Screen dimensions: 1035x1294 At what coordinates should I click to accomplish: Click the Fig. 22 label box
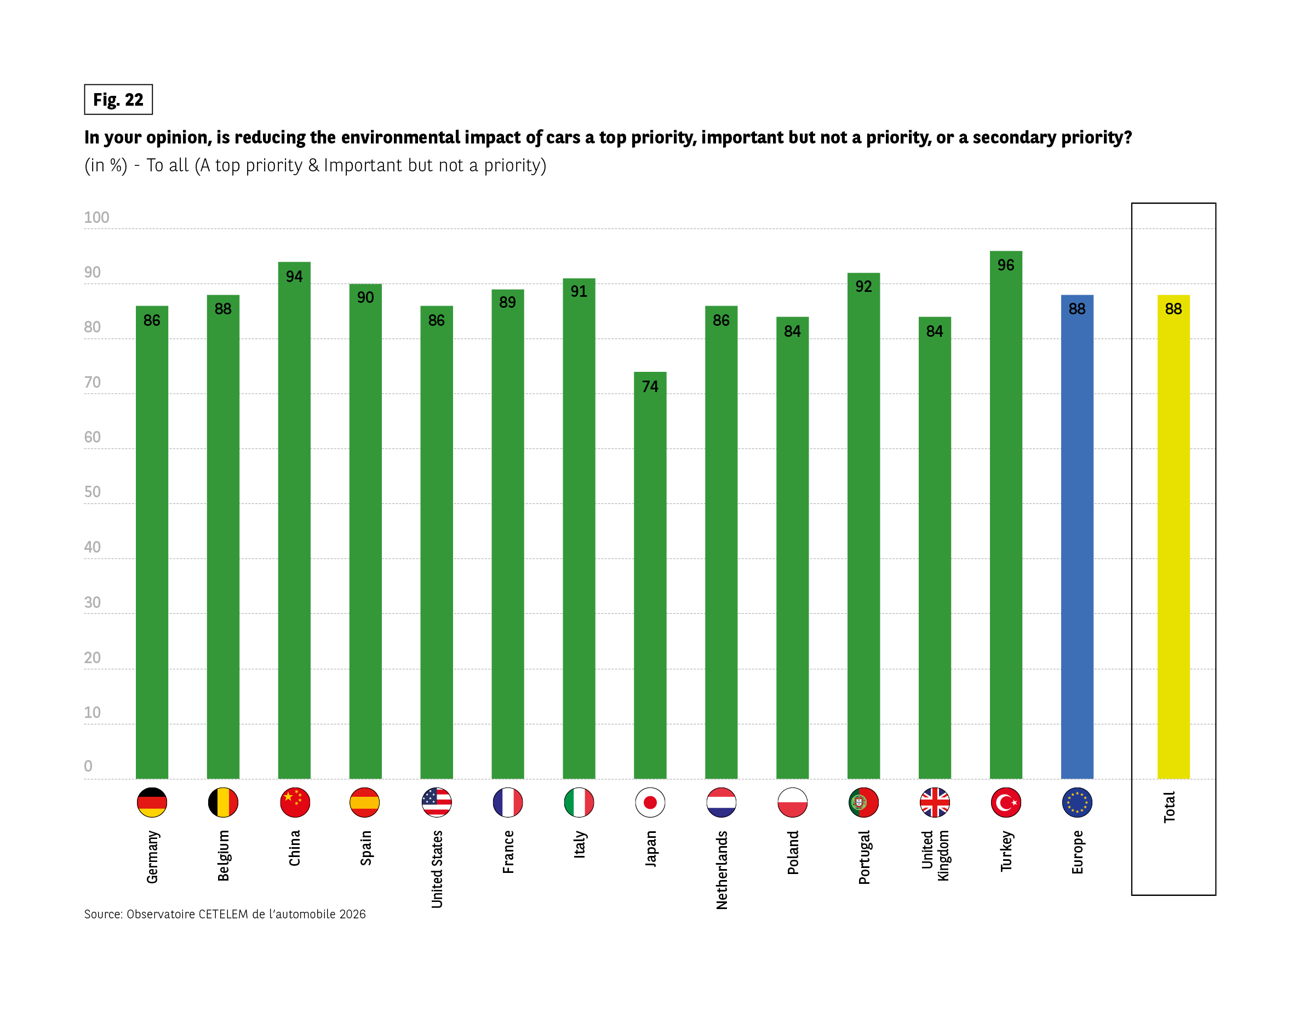point(118,100)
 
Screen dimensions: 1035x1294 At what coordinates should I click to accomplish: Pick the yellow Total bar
point(1173,540)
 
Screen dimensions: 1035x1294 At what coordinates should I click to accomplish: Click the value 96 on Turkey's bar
point(1006,265)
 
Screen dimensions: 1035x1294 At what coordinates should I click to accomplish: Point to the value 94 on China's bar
point(294,277)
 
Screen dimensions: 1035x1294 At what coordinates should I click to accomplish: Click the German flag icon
point(152,802)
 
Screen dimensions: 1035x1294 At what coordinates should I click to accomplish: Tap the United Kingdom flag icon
point(935,802)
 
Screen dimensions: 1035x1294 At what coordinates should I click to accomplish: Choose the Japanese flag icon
point(650,802)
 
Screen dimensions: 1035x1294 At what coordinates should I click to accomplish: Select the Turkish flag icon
point(1006,802)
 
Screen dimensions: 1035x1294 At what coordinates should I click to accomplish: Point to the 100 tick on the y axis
point(96,218)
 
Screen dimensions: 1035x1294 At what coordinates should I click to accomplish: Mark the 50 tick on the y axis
point(93,492)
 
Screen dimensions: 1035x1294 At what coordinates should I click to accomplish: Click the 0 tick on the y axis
point(88,766)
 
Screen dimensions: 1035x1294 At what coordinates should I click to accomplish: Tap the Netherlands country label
point(722,870)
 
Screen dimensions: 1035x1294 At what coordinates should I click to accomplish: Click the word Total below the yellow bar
point(1169,807)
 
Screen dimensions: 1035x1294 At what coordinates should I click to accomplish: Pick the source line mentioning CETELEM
point(225,914)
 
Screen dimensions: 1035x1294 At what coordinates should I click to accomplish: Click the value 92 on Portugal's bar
point(863,287)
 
